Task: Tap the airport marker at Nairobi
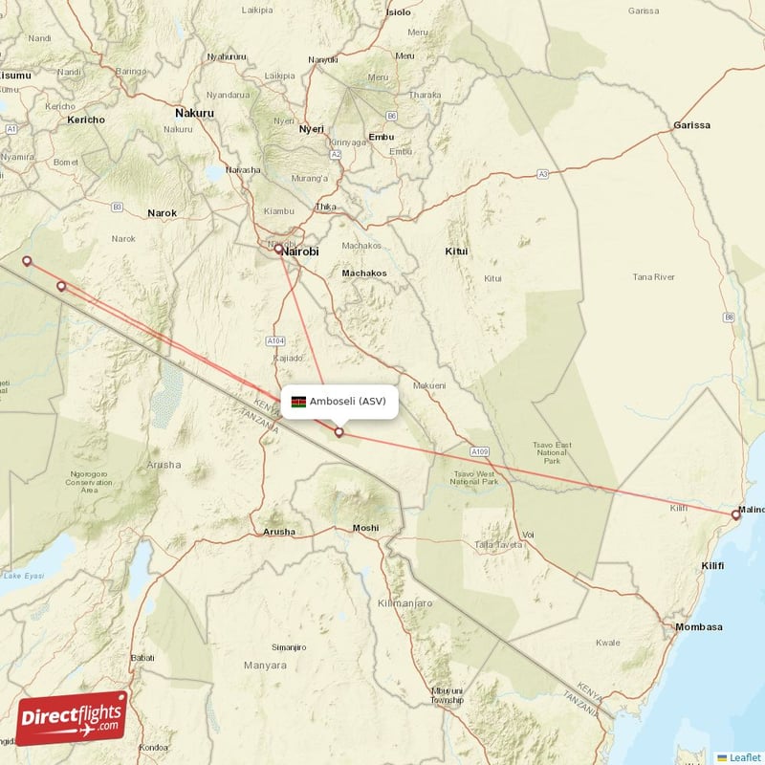click(x=279, y=250)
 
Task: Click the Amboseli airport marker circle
click(x=339, y=432)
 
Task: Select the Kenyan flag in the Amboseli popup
click(x=299, y=402)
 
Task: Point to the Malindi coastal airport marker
click(x=735, y=514)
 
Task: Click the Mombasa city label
click(x=698, y=626)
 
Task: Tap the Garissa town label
click(x=691, y=125)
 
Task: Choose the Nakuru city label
click(x=194, y=113)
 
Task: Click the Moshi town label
click(x=365, y=528)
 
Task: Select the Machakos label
click(x=364, y=273)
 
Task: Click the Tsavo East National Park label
click(x=552, y=452)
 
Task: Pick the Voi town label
click(x=527, y=535)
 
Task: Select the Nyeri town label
click(x=312, y=129)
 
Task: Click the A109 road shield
click(x=480, y=449)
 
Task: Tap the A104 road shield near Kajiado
click(x=276, y=340)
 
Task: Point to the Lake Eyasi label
click(x=24, y=576)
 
